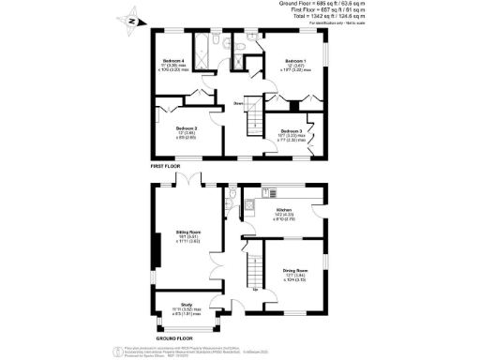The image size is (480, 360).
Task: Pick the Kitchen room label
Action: [x=284, y=210]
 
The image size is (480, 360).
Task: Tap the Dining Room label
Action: [x=296, y=271]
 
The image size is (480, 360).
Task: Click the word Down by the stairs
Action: [x=239, y=103]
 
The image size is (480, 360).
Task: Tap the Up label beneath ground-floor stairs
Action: [x=256, y=289]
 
